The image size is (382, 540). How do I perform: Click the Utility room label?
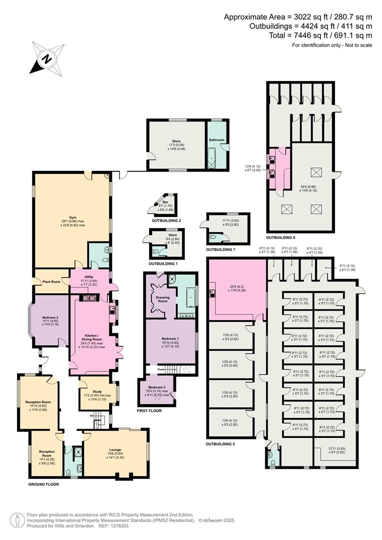pos(89,276)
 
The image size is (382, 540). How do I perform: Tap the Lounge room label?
pos(115,449)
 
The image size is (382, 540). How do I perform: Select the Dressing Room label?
pos(160,299)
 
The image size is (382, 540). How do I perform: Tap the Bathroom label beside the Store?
pos(216,140)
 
